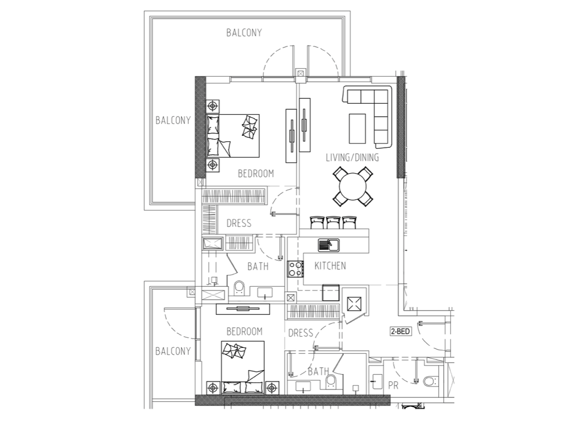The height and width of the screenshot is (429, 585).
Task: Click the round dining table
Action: [x=353, y=186]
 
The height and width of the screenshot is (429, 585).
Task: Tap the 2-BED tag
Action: [x=400, y=331]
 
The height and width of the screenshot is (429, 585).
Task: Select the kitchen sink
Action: [x=329, y=245]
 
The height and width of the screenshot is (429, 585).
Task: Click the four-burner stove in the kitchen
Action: [x=295, y=269]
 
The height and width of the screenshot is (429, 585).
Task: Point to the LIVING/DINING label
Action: [x=352, y=158]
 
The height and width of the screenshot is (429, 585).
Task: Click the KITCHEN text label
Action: [x=330, y=265]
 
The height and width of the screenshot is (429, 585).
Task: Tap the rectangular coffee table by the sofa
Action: [x=357, y=129]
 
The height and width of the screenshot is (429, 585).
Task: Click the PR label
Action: [x=393, y=386]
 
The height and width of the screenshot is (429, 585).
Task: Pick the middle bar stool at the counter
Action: [x=333, y=223]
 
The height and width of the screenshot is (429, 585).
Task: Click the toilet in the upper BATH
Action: [x=239, y=288]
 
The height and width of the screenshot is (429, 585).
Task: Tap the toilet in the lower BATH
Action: [x=331, y=381]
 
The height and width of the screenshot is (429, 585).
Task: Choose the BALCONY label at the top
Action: [x=244, y=33]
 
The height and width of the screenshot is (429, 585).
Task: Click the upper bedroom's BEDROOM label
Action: [x=256, y=173]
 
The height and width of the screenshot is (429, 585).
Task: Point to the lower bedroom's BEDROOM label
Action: [x=245, y=331]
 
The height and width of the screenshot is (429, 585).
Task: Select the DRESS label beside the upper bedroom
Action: [x=239, y=223]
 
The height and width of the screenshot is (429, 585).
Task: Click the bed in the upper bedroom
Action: [x=233, y=135]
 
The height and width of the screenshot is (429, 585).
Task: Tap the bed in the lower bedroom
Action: [x=243, y=367]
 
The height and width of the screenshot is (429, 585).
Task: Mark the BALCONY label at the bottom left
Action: [x=173, y=351]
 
